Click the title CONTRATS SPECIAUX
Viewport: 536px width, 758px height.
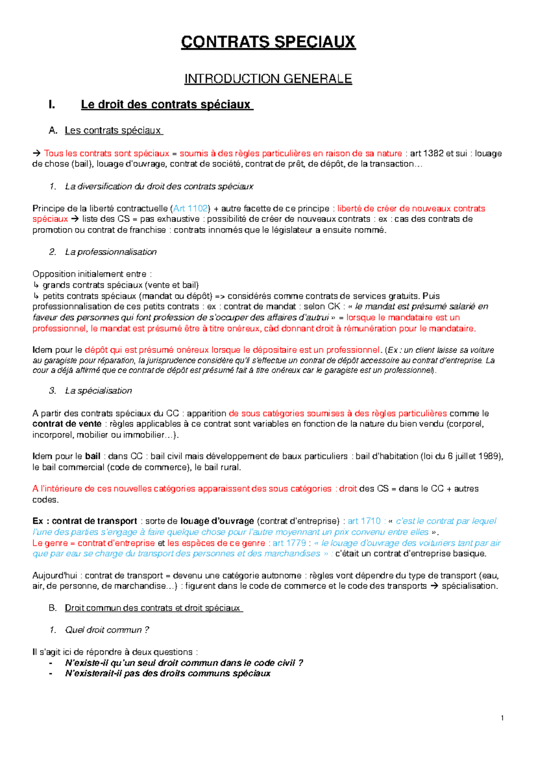pyautogui.click(x=268, y=42)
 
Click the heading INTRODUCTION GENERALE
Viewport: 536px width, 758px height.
pyautogui.click(x=268, y=79)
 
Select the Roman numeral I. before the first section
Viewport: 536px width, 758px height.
pyautogui.click(x=52, y=104)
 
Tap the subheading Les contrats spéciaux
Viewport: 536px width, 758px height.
pyautogui.click(x=113, y=130)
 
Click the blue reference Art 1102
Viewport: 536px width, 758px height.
pyautogui.click(x=190, y=208)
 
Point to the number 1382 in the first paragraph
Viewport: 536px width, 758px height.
pyautogui.click(x=433, y=153)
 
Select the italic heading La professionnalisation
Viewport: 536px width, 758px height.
pyautogui.click(x=111, y=252)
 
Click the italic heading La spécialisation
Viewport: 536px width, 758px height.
pyautogui.click(x=98, y=391)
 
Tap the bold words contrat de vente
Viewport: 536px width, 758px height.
pyautogui.click(x=67, y=424)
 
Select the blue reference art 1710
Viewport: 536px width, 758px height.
pyautogui.click(x=364, y=521)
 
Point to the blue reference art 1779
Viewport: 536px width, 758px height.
pyautogui.click(x=289, y=543)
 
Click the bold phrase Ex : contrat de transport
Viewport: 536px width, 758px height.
pyautogui.click(x=84, y=521)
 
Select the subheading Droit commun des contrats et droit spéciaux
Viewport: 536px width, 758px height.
pyautogui.click(x=153, y=608)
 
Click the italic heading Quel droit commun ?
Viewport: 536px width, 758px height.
pyautogui.click(x=107, y=630)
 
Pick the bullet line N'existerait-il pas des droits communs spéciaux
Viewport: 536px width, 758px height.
pyautogui.click(x=167, y=674)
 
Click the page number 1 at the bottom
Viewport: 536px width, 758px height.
pyautogui.click(x=502, y=718)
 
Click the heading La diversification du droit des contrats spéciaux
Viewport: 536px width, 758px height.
pyautogui.click(x=159, y=187)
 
